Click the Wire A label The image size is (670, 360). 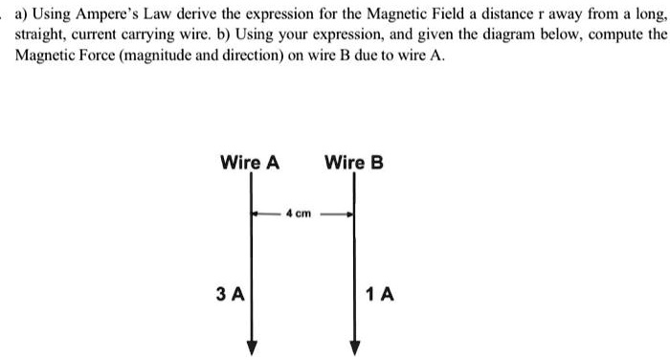coord(250,162)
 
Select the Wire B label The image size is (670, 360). coord(354,162)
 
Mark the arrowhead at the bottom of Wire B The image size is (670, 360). coord(355,348)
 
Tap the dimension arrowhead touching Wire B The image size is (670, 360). coord(348,214)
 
